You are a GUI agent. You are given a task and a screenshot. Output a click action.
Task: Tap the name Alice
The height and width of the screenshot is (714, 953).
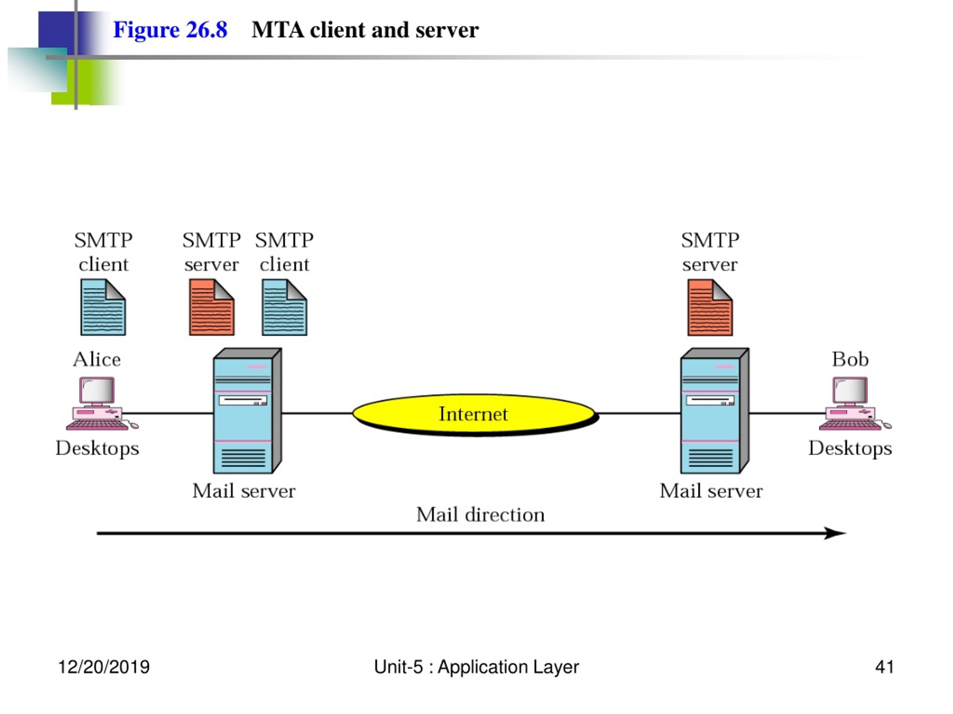[x=97, y=359]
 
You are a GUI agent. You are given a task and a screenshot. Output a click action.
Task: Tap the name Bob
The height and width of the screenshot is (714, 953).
[x=850, y=359]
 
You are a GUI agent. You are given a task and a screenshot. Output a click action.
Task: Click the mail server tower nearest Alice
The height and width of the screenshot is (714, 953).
[x=248, y=411]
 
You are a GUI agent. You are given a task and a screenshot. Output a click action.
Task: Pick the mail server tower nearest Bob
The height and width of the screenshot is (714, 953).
[x=715, y=411]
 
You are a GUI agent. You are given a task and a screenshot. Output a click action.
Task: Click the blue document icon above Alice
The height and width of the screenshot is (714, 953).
[x=103, y=307]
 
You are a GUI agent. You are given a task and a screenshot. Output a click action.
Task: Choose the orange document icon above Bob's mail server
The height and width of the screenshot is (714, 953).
[x=710, y=307]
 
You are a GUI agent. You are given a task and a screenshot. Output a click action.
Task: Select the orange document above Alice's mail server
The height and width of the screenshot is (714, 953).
[x=211, y=307]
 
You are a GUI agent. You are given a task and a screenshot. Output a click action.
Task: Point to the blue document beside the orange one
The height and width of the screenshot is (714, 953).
[x=284, y=307]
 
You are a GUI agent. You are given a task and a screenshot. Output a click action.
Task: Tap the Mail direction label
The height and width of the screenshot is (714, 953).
[x=480, y=515]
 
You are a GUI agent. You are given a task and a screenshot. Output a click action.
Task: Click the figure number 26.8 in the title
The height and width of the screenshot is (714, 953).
[x=206, y=30]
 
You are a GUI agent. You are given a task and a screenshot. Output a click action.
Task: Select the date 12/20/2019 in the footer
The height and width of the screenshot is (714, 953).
[x=104, y=667]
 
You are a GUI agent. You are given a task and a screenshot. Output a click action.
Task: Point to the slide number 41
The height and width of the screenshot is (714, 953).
[x=885, y=667]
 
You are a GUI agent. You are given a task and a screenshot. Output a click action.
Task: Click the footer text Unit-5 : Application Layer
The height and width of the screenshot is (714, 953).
[x=476, y=667]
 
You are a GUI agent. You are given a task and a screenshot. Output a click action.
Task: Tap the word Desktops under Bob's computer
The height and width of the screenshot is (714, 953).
[x=850, y=448]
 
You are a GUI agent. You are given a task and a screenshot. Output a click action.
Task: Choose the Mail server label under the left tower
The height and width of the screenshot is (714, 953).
[x=244, y=491]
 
